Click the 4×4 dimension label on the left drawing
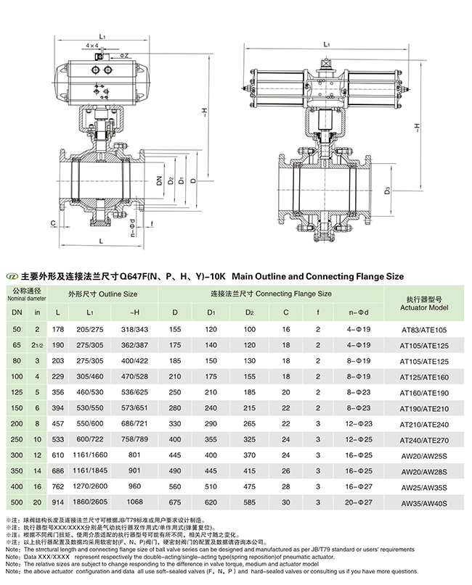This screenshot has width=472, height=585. (92, 45)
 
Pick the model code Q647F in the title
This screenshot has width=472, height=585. (135, 276)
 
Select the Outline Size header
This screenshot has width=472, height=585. (102, 294)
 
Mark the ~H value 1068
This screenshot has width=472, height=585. (136, 502)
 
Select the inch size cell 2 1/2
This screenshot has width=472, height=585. (37, 346)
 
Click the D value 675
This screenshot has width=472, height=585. (175, 502)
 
